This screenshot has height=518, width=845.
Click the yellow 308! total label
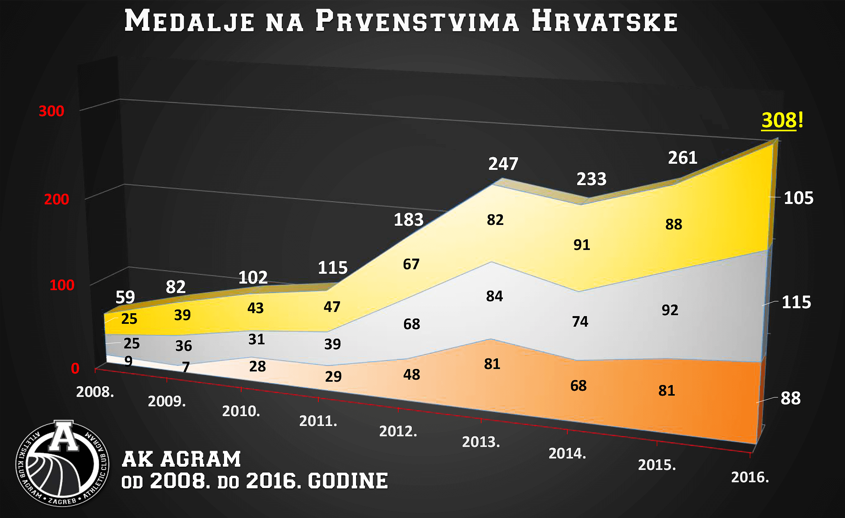(x=782, y=121)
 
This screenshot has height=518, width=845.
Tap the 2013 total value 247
(x=503, y=164)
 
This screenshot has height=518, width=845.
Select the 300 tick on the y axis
(x=51, y=111)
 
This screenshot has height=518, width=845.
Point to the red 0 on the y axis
(x=75, y=369)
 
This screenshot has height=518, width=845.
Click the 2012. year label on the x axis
(x=398, y=431)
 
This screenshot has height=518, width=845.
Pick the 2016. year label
(x=750, y=477)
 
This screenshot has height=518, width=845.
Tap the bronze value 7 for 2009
(x=186, y=367)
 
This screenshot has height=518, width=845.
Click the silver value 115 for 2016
(x=796, y=303)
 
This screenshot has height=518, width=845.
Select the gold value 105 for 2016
(x=798, y=198)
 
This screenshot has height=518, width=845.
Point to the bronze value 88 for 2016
(x=790, y=399)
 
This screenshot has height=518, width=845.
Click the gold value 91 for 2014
(x=582, y=245)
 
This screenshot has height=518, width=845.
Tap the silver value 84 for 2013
(x=494, y=296)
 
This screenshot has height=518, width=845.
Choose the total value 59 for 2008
(x=125, y=297)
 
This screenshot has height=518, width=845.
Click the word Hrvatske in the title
(x=605, y=21)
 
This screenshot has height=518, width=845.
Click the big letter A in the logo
(x=64, y=437)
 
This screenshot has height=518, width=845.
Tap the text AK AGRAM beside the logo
(x=181, y=459)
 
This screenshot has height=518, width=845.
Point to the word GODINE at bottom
(x=348, y=481)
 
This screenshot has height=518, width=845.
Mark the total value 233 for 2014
(x=591, y=179)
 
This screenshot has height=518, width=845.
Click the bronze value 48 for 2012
(x=411, y=375)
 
